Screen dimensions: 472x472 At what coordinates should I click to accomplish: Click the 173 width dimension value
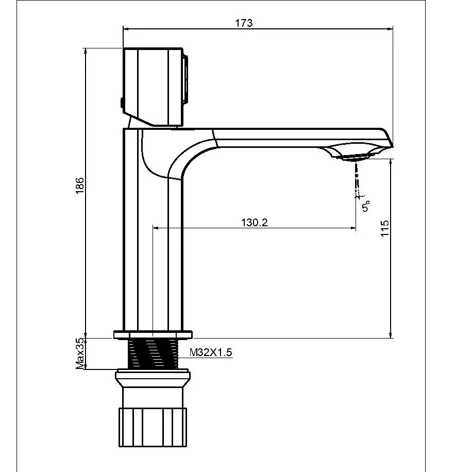coord(244,23)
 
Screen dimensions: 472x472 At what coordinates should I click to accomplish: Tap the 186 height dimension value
coord(80,186)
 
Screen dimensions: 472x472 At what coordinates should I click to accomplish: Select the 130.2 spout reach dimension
coord(255,223)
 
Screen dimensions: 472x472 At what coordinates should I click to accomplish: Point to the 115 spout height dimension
coord(384,228)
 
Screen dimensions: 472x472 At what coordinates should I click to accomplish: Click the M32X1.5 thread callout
coord(211,352)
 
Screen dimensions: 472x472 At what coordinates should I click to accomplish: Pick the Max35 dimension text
coord(80,353)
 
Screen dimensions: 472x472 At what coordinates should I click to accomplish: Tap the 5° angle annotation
coord(366,206)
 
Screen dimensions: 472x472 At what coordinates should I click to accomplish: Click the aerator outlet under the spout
coord(353,157)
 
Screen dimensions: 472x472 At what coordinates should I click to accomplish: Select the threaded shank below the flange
coord(153,353)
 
